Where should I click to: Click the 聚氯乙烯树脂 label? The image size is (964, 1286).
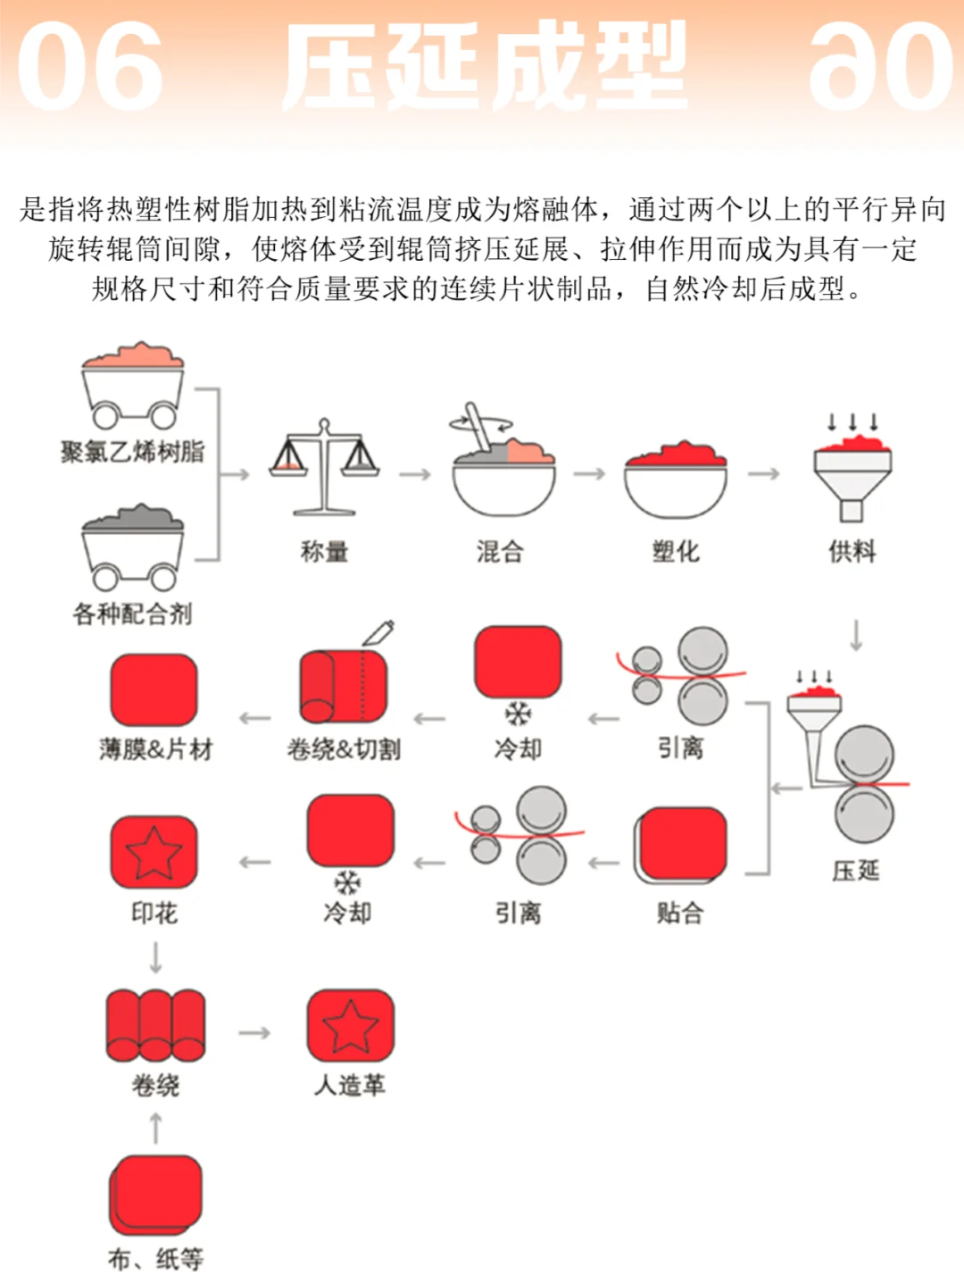click(x=132, y=452)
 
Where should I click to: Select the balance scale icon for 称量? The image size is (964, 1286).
click(x=324, y=469)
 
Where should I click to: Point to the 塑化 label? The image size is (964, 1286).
click(x=676, y=552)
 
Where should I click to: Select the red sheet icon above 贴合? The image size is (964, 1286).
click(x=681, y=845)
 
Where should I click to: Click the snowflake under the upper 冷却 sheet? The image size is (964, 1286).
click(x=518, y=714)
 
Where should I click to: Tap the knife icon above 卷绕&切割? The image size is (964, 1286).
click(x=378, y=632)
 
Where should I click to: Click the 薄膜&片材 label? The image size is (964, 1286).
click(x=156, y=749)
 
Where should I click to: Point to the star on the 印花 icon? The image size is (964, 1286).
click(x=154, y=852)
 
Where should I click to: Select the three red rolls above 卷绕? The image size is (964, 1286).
click(x=155, y=1025)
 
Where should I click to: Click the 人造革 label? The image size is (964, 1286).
click(x=350, y=1085)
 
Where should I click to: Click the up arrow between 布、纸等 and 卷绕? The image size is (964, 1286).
click(x=156, y=1128)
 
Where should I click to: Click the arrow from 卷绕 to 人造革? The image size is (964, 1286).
click(x=254, y=1033)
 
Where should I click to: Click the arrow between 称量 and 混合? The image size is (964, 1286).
click(x=414, y=474)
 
